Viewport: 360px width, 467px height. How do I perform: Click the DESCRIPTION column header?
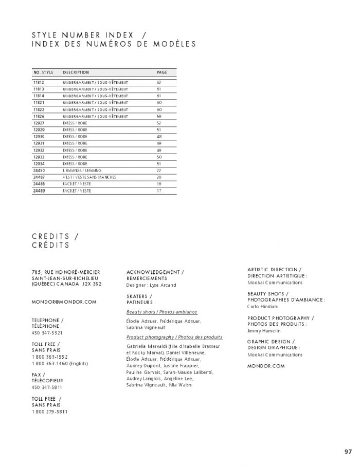pos(76,72)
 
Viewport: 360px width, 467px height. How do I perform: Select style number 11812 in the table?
pos(39,82)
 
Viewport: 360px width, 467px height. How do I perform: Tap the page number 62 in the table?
pos(159,82)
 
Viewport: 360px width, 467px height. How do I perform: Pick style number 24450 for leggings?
pos(39,170)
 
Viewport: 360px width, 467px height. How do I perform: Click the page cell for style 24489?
pos(159,191)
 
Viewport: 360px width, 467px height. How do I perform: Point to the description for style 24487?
pos(89,177)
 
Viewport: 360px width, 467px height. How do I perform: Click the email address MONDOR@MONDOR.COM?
pos(64,302)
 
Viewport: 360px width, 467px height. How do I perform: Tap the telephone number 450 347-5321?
pos(46,332)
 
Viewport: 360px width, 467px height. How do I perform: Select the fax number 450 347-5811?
pos(46,387)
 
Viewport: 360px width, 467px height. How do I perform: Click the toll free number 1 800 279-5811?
pos(49,412)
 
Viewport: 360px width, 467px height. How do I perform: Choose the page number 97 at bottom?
pos(348,452)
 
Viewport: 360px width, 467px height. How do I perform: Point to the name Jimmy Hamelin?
pos(264,331)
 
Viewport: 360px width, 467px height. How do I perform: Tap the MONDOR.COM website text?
pos(265,366)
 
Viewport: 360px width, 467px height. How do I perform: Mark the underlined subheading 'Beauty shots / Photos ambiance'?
pos(161,312)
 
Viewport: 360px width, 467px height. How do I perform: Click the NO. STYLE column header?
pos(43,72)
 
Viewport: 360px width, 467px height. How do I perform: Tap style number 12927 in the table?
pos(39,123)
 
